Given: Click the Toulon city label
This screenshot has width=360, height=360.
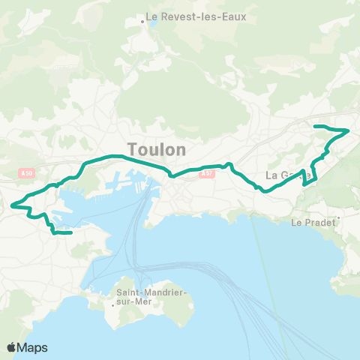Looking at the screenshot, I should point(157,149).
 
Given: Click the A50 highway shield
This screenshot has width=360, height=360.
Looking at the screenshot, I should point(27,174).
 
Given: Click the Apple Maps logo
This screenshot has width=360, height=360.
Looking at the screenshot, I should point(28,347).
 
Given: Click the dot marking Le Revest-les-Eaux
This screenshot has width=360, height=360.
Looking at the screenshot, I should point(142,22).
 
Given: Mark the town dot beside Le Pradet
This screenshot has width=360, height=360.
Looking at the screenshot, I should point(339,218).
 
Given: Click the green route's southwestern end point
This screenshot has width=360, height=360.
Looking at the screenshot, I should point(70,233).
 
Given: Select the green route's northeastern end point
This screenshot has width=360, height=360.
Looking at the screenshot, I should point(314,125).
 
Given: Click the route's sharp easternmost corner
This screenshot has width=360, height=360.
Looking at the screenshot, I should point(349,130).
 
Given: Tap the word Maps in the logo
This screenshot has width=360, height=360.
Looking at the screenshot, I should point(34,347).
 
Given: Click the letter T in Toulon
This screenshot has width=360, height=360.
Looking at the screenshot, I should point(133,149).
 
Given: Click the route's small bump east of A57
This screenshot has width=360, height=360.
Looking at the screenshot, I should point(229,163).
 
